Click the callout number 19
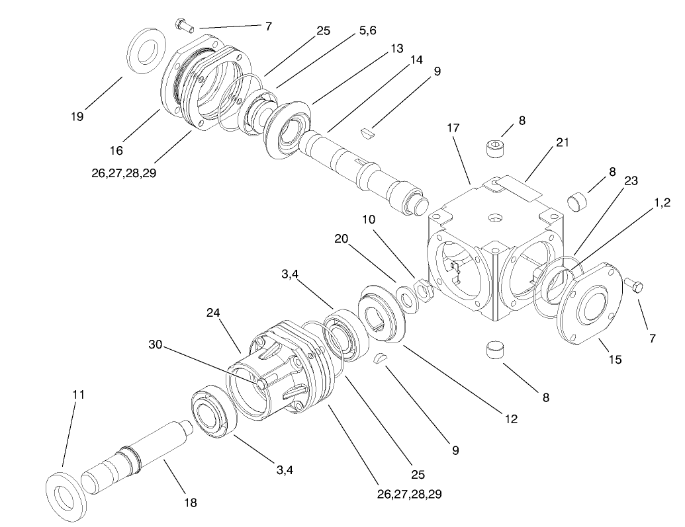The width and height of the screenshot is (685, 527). pyautogui.click(x=77, y=117)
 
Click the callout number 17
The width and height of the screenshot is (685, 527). pyautogui.click(x=453, y=127)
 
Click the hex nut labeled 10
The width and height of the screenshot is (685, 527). pyautogui.click(x=422, y=289)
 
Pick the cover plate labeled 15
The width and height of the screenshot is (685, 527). pyautogui.click(x=589, y=305)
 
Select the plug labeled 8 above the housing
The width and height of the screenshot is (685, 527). pyautogui.click(x=497, y=147)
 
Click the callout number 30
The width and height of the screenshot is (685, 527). pyautogui.click(x=155, y=345)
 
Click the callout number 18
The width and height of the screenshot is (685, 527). pyautogui.click(x=191, y=503)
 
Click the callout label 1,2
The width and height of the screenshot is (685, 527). pyautogui.click(x=662, y=204)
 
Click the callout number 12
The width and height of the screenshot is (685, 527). pyautogui.click(x=510, y=419)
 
